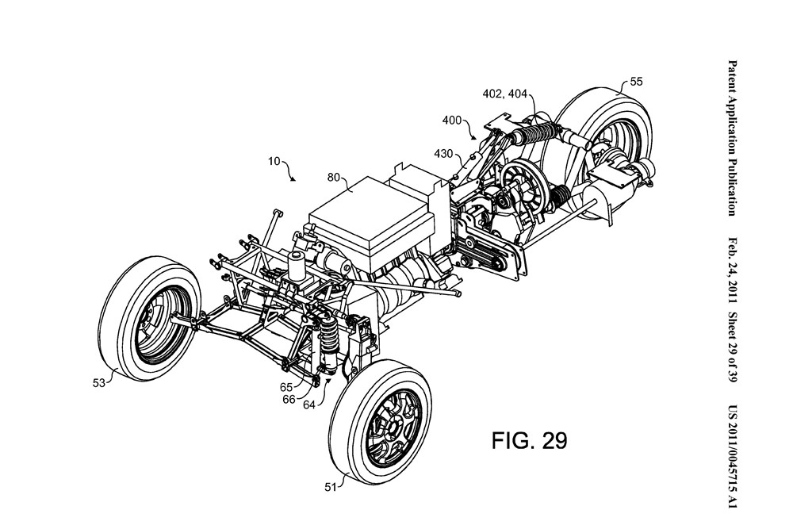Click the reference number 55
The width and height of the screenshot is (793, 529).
636,81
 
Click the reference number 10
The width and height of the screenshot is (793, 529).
274,163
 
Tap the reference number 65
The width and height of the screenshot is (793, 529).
286,385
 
